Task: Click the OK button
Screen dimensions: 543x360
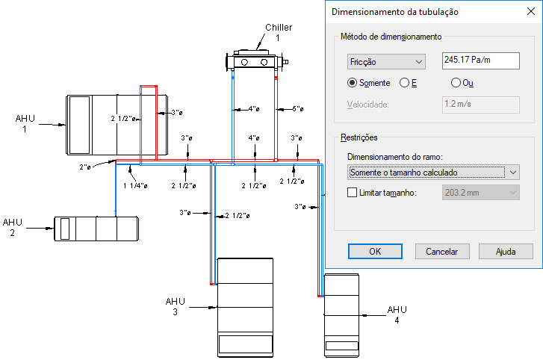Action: [375, 251]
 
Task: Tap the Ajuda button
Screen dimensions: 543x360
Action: [506, 251]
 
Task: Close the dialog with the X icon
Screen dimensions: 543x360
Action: [531, 11]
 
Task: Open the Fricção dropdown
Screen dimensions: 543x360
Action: [386, 62]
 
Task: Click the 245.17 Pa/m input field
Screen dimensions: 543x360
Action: [481, 60]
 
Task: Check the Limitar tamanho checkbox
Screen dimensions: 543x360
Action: [352, 193]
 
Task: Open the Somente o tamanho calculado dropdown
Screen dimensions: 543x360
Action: [433, 173]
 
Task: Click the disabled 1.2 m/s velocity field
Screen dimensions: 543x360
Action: [481, 105]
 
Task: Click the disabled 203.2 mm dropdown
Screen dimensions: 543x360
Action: [481, 193]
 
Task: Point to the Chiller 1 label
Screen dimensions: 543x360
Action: [279, 32]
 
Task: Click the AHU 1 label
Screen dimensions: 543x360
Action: [25, 123]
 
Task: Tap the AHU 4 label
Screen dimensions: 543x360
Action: [397, 314]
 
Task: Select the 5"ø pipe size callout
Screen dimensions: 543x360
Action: [297, 109]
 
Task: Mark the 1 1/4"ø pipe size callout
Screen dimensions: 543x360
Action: [135, 186]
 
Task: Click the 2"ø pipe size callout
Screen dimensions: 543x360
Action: [85, 167]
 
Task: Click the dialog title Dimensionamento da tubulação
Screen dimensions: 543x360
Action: [395, 12]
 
